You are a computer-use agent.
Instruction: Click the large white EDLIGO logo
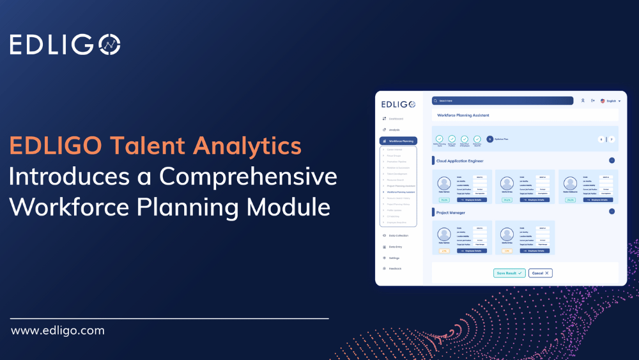click(x=65, y=44)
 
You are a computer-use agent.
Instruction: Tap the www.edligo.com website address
click(x=58, y=331)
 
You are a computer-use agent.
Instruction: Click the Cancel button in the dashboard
click(x=540, y=273)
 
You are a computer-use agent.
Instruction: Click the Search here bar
click(x=502, y=100)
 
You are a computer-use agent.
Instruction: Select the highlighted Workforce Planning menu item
click(x=399, y=141)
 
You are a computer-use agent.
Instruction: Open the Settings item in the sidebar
click(x=394, y=258)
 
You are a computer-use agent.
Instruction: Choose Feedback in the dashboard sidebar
click(x=394, y=269)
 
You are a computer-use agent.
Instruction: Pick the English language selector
click(x=610, y=101)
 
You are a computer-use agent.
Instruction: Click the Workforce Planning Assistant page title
click(x=463, y=115)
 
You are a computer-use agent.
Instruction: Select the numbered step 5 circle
click(x=489, y=139)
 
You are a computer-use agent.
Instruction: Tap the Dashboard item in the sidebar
click(x=395, y=119)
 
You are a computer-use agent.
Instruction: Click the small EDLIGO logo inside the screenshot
click(x=398, y=104)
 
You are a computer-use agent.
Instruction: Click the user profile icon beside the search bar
click(x=583, y=100)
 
